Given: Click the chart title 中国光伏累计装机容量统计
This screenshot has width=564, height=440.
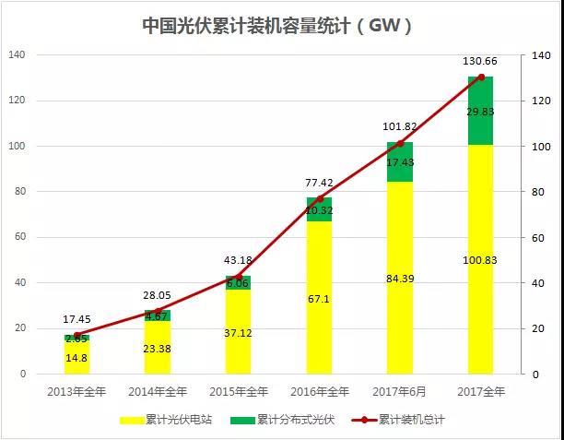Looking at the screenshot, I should pos(277,25).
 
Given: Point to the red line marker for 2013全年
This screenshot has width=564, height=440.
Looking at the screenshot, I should pos(77,335).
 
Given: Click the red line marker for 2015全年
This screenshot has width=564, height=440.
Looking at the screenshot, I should pos(239,277).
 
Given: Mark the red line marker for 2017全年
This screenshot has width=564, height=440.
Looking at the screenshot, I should pos(480,77).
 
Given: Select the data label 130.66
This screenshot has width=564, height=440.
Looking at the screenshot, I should pos(480,61).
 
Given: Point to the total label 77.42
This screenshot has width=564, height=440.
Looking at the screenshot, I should pos(319,184).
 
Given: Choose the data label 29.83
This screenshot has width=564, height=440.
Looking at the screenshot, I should pos(480,111).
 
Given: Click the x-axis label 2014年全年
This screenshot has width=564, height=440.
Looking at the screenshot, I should pos(158,392).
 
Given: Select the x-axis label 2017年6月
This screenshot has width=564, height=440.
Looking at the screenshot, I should pos(400,392).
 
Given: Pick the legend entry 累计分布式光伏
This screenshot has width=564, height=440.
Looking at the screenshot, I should pos(295,420).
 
